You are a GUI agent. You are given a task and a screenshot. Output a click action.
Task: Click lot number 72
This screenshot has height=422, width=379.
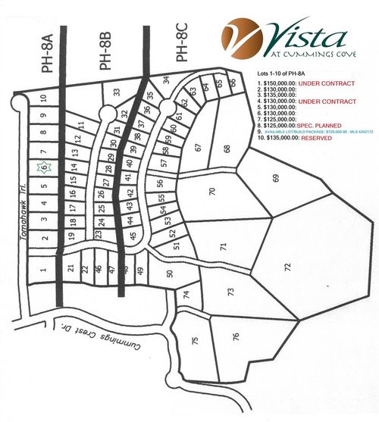pos(287,267)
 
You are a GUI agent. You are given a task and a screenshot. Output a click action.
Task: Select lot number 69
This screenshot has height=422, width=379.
pos(276,177)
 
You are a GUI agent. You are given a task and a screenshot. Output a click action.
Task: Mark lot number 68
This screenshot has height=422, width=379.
pos(227,148)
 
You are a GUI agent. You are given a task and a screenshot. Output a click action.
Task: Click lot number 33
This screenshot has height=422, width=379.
pos(117,92)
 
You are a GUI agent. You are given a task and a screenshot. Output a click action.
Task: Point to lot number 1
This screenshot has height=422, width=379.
pos(44,268)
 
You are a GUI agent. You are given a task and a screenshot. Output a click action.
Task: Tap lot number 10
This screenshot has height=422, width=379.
pos(44,97)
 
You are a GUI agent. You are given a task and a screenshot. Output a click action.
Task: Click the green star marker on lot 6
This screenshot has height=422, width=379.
pos(43,167)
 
